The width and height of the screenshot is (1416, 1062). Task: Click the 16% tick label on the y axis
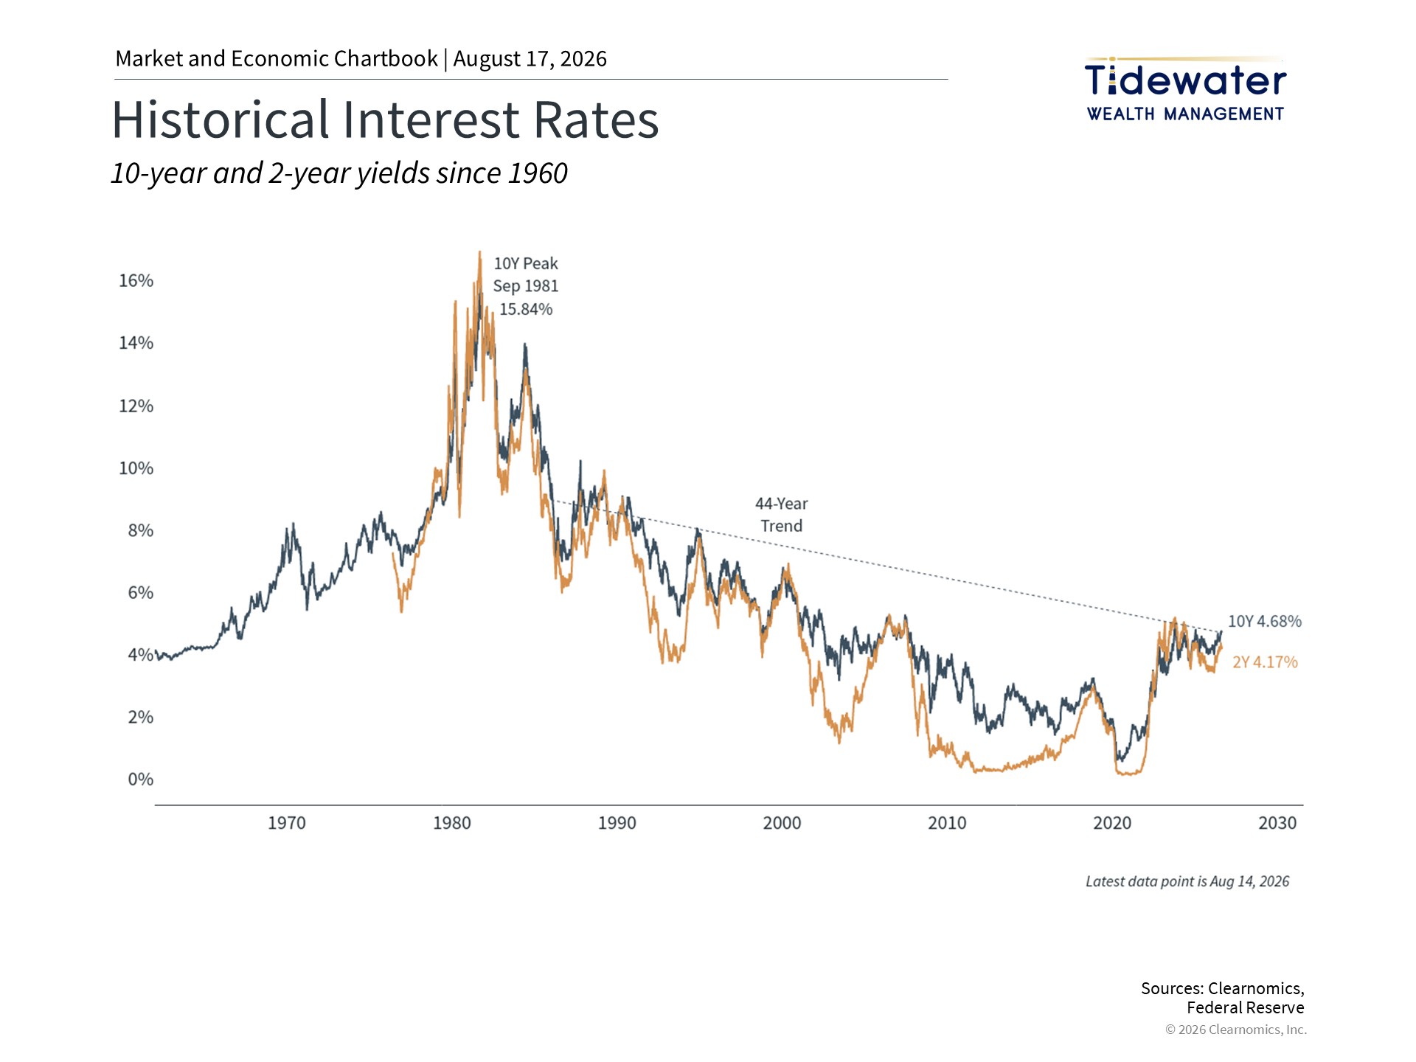click(x=136, y=281)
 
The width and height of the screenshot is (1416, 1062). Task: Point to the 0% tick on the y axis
click(x=141, y=780)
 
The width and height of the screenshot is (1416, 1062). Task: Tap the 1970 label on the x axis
click(x=286, y=823)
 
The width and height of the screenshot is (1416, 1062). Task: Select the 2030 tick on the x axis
click(x=1277, y=823)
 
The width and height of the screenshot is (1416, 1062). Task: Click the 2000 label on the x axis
click(x=782, y=823)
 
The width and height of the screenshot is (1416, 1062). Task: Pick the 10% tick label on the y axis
click(x=136, y=468)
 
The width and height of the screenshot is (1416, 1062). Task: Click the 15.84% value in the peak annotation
click(x=526, y=309)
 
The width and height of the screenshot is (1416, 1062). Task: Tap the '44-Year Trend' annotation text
click(x=782, y=515)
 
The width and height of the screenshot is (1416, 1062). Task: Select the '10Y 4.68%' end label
click(x=1265, y=622)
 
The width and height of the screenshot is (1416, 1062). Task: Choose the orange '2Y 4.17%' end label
click(x=1265, y=662)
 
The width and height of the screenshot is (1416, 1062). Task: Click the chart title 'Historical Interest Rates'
click(x=385, y=119)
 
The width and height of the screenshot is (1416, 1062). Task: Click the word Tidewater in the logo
click(x=1185, y=80)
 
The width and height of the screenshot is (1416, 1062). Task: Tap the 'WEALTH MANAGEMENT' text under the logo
click(x=1185, y=114)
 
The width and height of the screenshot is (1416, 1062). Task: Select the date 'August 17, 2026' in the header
click(x=530, y=59)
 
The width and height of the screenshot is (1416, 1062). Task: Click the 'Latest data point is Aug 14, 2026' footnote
click(x=1187, y=881)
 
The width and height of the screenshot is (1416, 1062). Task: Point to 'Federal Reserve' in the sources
click(x=1246, y=1007)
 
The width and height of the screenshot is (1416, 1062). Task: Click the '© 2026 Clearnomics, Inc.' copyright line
click(x=1236, y=1030)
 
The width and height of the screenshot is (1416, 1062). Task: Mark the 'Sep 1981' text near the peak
click(x=526, y=286)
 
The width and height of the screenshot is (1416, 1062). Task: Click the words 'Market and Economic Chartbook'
click(x=277, y=59)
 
